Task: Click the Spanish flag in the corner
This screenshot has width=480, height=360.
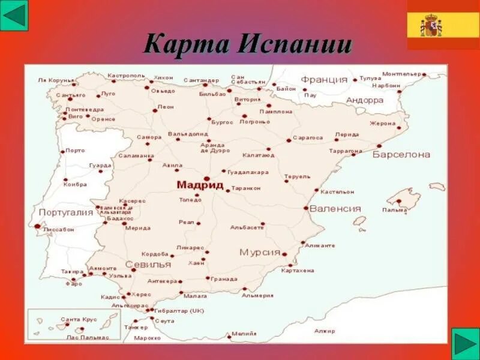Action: point(443,25)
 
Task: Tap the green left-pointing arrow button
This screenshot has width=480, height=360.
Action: point(14,16)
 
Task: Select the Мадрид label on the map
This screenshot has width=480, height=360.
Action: point(200,185)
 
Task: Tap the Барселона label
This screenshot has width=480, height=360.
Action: point(401,154)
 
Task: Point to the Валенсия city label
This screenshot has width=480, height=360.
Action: point(335,209)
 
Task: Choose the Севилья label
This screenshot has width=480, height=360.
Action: point(143,265)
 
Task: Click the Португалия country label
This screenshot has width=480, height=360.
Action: point(66,212)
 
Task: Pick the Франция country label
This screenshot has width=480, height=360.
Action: point(324,80)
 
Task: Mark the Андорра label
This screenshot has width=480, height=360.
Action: point(365,100)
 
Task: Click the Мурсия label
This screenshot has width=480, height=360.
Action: point(260,252)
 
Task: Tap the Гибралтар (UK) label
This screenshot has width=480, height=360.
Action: point(179,311)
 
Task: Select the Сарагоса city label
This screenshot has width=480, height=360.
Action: point(308,137)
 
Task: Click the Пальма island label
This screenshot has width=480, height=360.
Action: point(394,210)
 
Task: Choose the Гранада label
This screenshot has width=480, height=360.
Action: point(224,279)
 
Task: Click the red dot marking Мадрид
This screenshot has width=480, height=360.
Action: point(206,178)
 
